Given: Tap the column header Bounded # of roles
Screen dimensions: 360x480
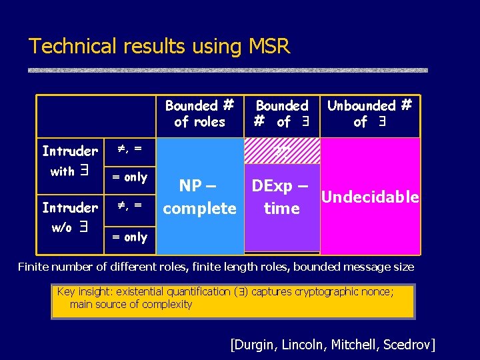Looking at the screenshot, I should [199, 114].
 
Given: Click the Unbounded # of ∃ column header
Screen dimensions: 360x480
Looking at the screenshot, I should [369, 114].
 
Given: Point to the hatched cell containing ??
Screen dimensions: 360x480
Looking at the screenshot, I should [281, 151].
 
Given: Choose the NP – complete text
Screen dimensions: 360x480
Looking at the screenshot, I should [199, 197].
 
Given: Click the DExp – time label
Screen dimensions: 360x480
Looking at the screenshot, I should [281, 197].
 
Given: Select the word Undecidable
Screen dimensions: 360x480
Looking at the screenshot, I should [370, 197].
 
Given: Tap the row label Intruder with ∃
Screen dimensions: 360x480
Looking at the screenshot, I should [69, 161].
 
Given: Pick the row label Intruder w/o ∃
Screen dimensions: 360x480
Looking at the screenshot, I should [69, 217].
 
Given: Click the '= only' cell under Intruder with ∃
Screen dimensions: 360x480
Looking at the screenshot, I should [129, 177].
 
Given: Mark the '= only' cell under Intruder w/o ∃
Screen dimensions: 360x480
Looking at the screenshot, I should [129, 237].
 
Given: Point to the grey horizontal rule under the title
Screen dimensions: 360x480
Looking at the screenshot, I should [227, 70].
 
